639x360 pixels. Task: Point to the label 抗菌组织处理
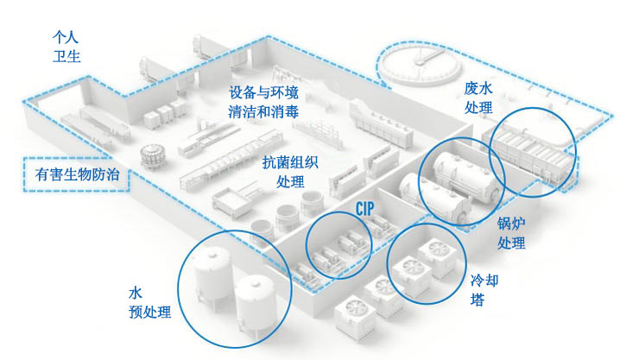point(290,171)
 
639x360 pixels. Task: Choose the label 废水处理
point(478,98)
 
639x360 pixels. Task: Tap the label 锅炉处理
point(511,233)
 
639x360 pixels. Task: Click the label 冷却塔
point(484,289)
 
